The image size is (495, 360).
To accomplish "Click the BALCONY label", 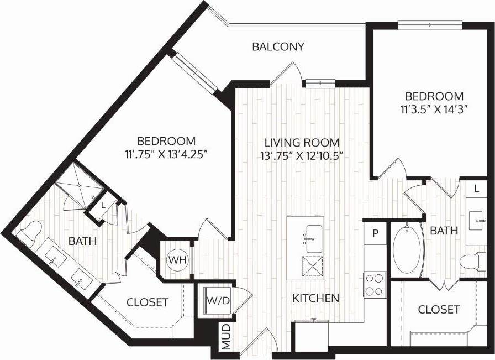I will pyautogui.click(x=278, y=46).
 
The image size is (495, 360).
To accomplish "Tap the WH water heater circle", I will pyautogui.click(x=176, y=259).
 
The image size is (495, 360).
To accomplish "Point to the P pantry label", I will pyautogui.click(x=375, y=233).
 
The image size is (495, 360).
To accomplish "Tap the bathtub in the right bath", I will pyautogui.click(x=408, y=249).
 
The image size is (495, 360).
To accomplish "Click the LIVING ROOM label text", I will pyautogui.click(x=301, y=142).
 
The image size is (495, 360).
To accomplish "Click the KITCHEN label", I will pyautogui.click(x=315, y=298).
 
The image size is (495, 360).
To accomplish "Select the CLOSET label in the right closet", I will pyautogui.click(x=439, y=309).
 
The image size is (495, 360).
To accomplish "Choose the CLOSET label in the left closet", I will pyautogui.click(x=147, y=302).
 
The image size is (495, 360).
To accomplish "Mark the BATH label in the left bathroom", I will pyautogui.click(x=82, y=241).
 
